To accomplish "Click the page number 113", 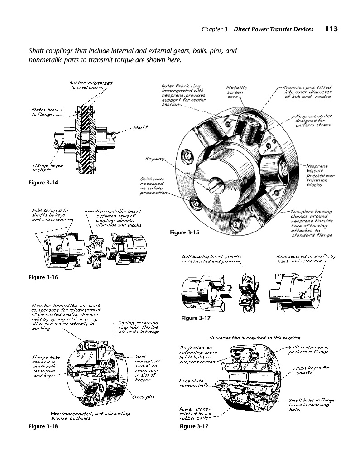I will pos(331,29).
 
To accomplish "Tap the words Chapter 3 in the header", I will pos(214,29).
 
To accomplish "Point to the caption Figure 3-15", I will pos(184,232).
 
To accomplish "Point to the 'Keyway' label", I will pos(154,159).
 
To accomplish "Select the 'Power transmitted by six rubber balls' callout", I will pos(195,413).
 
